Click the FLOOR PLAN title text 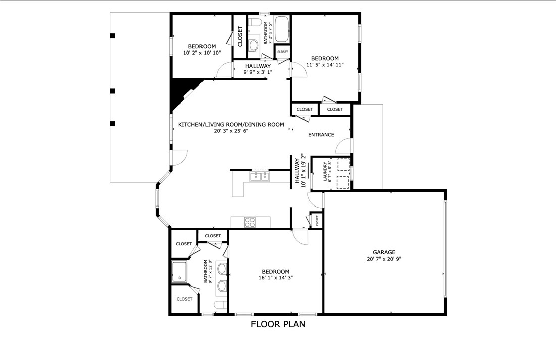(278, 324)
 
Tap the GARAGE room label (384, 252)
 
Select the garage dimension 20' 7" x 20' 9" (384, 259)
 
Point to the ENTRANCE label (321, 135)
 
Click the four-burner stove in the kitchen (250, 222)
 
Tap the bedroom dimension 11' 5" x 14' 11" (325, 65)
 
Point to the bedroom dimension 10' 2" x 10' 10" (201, 53)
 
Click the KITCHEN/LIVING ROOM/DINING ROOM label (231, 124)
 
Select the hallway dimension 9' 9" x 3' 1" (258, 72)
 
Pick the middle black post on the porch (113, 91)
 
